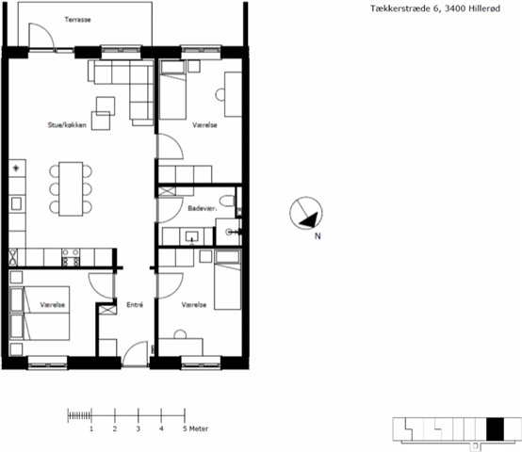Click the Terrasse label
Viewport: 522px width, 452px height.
(77, 20)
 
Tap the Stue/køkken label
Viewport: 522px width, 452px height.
(67, 125)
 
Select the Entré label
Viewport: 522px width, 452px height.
(135, 305)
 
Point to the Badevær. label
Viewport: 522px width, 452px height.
(203, 208)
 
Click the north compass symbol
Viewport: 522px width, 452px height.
(306, 213)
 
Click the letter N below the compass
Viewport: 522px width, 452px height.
(318, 236)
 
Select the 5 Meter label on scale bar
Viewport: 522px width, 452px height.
(195, 428)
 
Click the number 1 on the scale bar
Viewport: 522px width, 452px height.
(91, 428)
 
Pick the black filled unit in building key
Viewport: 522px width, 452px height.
(495, 429)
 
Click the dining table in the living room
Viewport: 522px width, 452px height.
(71, 189)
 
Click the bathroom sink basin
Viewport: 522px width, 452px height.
(192, 236)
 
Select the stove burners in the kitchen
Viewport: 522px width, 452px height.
(71, 257)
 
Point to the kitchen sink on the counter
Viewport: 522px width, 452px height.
(16, 203)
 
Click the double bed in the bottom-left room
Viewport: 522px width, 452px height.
(40, 313)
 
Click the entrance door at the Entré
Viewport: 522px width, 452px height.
(135, 353)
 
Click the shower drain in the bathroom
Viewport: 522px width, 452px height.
(229, 232)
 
